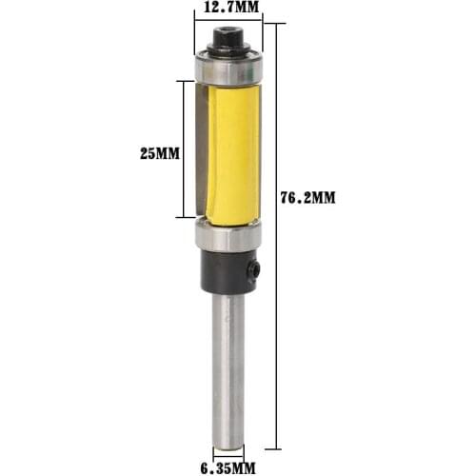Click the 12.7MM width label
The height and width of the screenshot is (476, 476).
(228, 9)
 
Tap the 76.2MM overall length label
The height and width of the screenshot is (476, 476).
(310, 198)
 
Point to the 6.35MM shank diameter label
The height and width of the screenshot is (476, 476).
(228, 466)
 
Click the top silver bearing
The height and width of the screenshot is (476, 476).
(228, 69)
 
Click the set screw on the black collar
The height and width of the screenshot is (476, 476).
(256, 271)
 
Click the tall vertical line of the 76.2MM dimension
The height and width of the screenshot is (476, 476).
(278, 238)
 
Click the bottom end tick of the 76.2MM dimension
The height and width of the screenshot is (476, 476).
(278, 448)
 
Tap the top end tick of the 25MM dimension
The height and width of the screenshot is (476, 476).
(182, 81)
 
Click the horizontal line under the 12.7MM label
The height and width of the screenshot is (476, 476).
(228, 23)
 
